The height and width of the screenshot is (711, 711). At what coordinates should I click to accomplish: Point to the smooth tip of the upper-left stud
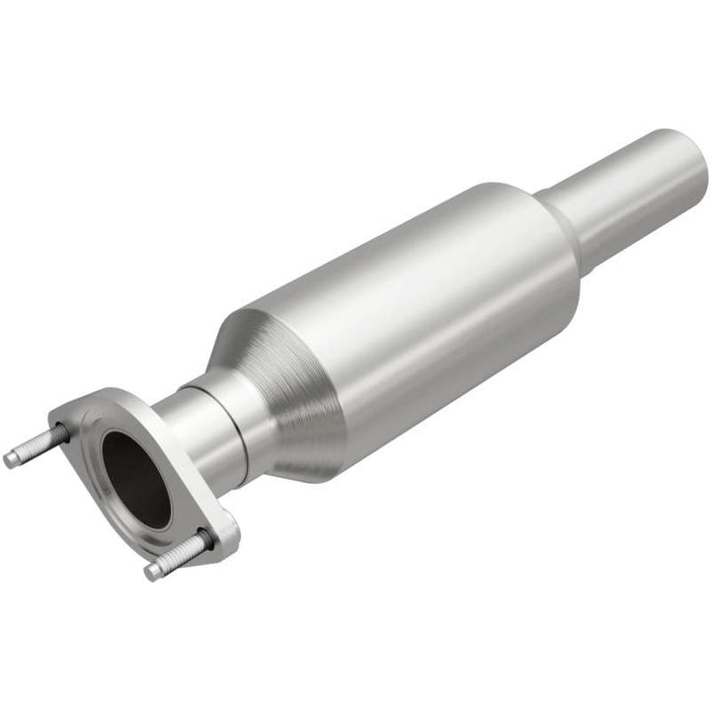pyautogui.click(x=12, y=458)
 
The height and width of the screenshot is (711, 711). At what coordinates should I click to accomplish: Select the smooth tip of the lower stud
pyautogui.click(x=153, y=570)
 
